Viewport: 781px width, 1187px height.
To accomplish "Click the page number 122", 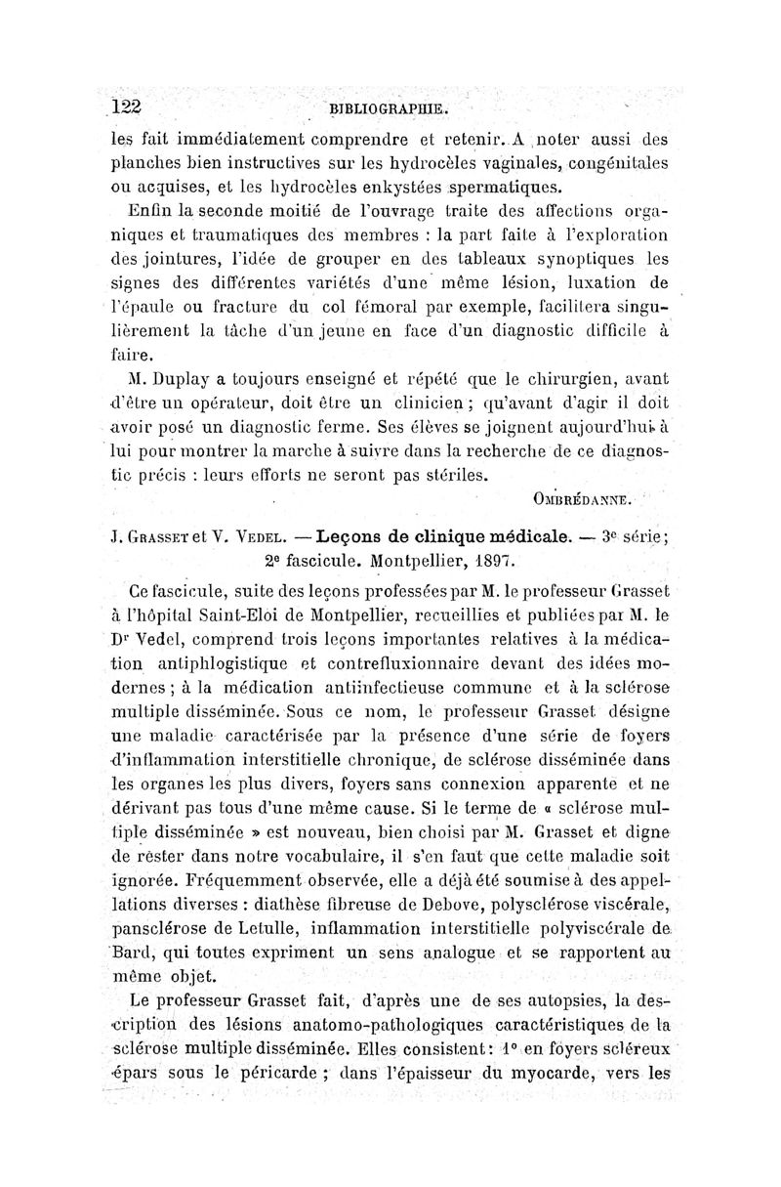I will click(127, 108).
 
